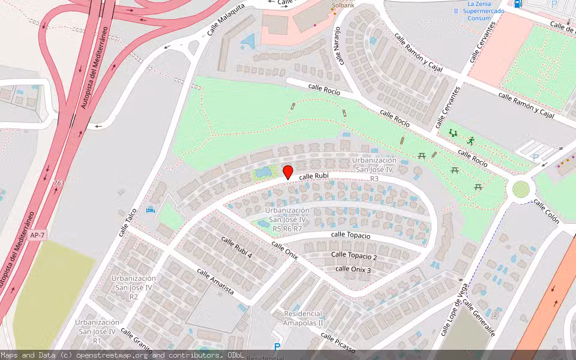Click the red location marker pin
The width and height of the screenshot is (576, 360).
click(x=287, y=172)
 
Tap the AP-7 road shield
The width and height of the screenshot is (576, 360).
click(x=37, y=235)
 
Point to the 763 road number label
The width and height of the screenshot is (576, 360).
click(x=59, y=183)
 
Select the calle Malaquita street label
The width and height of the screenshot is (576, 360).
click(x=223, y=26)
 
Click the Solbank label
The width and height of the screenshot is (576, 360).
click(x=344, y=5)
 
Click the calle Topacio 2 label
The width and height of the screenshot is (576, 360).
click(x=354, y=256)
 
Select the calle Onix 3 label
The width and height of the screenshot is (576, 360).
click(x=353, y=269)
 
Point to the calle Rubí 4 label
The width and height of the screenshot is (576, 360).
click(x=236, y=247)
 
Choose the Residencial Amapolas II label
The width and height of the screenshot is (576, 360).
click(x=303, y=318)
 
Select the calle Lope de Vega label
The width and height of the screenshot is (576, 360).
click(x=455, y=310)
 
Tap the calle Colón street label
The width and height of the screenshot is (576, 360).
click(x=547, y=211)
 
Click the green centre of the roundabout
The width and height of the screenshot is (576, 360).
click(x=521, y=189)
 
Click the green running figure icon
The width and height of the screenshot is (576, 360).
click(x=471, y=141)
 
